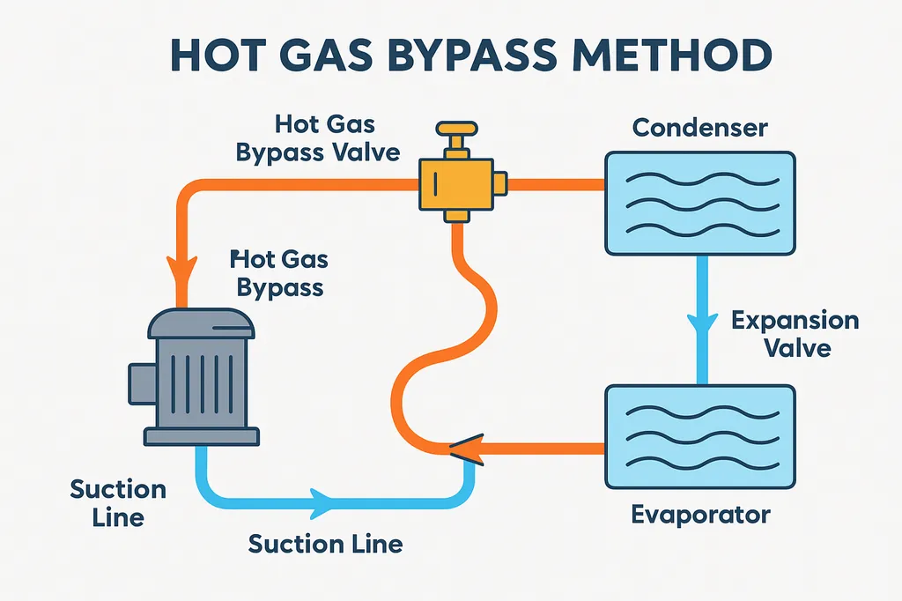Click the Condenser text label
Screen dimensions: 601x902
pos(700,128)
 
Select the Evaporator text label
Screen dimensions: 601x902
pos(700,514)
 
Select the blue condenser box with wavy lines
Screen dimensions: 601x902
pos(699,201)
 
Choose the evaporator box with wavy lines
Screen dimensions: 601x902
pos(699,438)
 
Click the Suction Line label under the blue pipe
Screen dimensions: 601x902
pos(325,544)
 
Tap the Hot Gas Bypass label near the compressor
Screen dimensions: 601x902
pos(278,273)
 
